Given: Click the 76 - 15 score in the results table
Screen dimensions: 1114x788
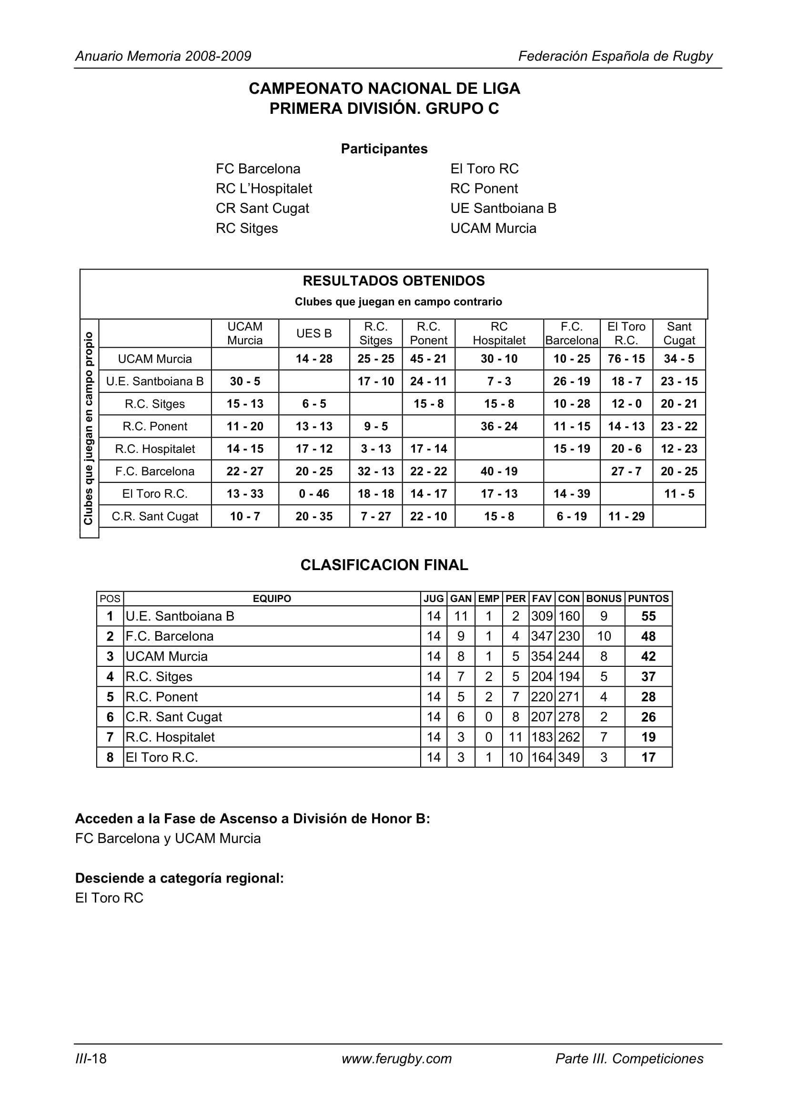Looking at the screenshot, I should pyautogui.click(x=626, y=359).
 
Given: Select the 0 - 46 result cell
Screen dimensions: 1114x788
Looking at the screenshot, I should pyautogui.click(x=314, y=493).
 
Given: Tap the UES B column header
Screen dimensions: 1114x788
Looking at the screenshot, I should pyautogui.click(x=314, y=333).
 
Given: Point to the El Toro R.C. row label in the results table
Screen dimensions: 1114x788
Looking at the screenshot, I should pyautogui.click(x=155, y=493).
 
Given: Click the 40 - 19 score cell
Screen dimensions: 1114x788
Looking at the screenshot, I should pyautogui.click(x=499, y=471).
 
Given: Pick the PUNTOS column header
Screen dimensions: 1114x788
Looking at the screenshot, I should pyautogui.click(x=648, y=598).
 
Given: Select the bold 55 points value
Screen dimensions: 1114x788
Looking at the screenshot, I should pyautogui.click(x=648, y=616).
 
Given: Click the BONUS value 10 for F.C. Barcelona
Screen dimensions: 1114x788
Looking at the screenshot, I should pyautogui.click(x=604, y=636).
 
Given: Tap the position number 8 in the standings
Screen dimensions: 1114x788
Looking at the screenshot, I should pyautogui.click(x=110, y=757).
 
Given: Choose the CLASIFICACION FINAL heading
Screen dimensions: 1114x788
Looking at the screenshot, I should pyautogui.click(x=384, y=565).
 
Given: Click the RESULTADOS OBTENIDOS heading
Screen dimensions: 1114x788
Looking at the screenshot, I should pyautogui.click(x=394, y=281).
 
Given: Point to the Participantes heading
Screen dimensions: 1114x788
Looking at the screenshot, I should pyautogui.click(x=384, y=149).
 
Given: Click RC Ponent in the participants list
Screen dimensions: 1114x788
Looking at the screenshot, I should pyautogui.click(x=484, y=188).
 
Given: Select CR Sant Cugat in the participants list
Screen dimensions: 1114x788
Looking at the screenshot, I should pyautogui.click(x=262, y=208).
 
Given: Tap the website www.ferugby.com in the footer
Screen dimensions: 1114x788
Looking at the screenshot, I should pyautogui.click(x=396, y=1059).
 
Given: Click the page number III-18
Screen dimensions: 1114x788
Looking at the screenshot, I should pyautogui.click(x=91, y=1059).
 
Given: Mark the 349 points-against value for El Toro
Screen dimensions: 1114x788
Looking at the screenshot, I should pyautogui.click(x=569, y=757).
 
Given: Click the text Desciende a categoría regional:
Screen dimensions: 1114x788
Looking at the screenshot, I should pyautogui.click(x=180, y=878).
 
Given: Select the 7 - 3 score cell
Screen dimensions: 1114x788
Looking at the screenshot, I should pyautogui.click(x=499, y=381).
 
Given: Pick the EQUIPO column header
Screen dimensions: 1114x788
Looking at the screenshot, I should pyautogui.click(x=272, y=598).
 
